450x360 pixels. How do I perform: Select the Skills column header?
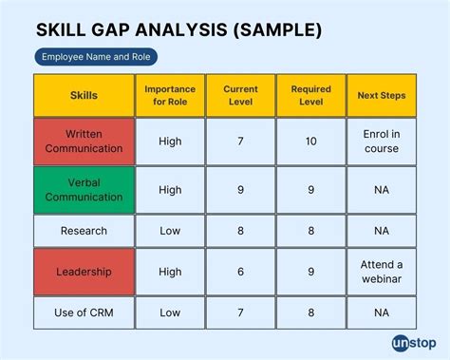[x=84, y=96]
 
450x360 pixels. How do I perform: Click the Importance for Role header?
[x=170, y=96]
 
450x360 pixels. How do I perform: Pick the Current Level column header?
[x=240, y=96]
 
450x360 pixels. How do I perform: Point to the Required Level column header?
[x=310, y=96]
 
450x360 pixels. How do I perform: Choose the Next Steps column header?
[x=382, y=96]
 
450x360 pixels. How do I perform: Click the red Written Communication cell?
[x=84, y=142]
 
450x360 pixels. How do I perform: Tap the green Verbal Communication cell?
[x=84, y=190]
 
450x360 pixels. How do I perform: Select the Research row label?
[x=84, y=230]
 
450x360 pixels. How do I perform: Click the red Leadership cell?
[x=84, y=272]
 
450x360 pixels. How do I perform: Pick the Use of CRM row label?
[x=84, y=313]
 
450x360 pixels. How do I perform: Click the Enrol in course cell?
[x=382, y=142]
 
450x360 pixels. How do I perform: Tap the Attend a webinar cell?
[x=382, y=272]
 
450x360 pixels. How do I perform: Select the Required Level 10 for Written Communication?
[x=310, y=142]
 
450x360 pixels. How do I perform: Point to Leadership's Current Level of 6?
[x=240, y=272]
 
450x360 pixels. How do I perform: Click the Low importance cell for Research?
[x=170, y=230]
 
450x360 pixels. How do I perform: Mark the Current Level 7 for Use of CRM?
[x=240, y=313]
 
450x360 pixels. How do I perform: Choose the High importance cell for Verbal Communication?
[x=170, y=190]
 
